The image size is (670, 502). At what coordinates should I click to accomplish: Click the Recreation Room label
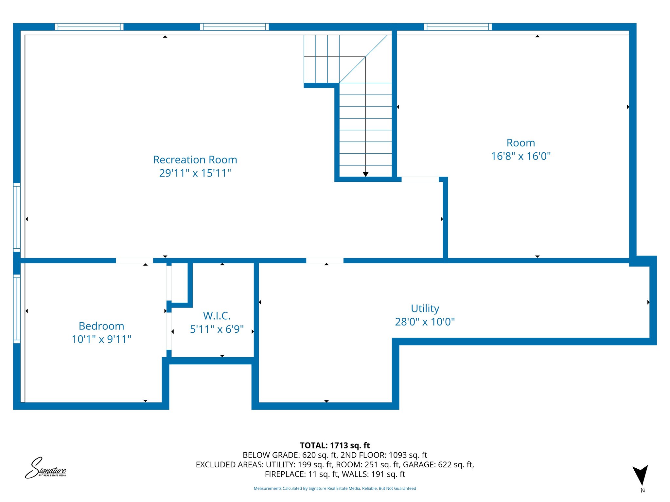[x=195, y=160]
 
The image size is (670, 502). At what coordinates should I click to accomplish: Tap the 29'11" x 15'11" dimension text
[x=195, y=173]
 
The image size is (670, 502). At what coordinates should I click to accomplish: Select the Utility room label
[x=425, y=309]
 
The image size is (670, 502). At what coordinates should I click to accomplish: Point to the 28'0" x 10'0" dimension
[x=425, y=322]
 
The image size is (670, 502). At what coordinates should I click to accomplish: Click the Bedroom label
[x=101, y=326]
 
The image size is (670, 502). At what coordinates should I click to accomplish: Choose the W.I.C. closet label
[x=217, y=316]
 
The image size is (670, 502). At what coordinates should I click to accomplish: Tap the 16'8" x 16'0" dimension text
[x=520, y=156]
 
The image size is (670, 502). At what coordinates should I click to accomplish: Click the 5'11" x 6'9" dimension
[x=217, y=329]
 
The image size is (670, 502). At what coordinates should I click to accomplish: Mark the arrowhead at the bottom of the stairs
[x=365, y=175]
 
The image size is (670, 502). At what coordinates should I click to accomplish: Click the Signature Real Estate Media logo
[x=45, y=468]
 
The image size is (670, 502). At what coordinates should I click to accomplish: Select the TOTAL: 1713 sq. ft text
[x=335, y=445]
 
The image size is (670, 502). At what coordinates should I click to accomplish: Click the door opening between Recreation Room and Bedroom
[x=134, y=260]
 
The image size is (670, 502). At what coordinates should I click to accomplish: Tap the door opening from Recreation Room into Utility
[x=325, y=260]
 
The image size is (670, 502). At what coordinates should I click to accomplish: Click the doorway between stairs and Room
[x=420, y=179]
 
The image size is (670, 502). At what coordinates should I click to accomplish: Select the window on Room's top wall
[x=458, y=27]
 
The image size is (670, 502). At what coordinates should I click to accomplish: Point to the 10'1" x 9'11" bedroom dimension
[x=101, y=339]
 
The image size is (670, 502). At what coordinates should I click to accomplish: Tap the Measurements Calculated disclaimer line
[x=335, y=488]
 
